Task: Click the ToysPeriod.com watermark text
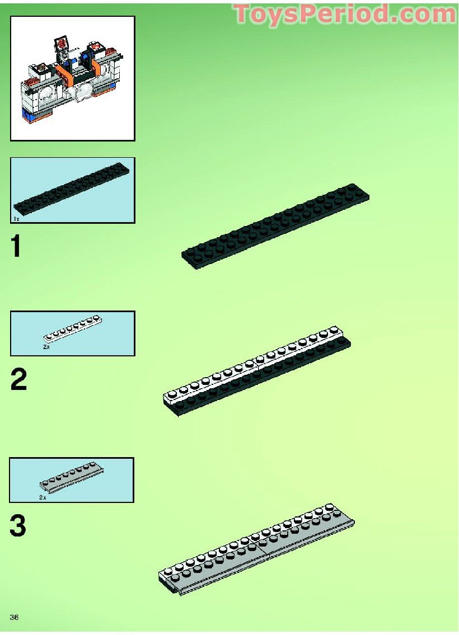point(344,14)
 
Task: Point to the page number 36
point(15,617)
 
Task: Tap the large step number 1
point(17,247)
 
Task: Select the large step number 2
point(18,380)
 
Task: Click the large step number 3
point(18,526)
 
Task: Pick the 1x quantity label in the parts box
point(17,218)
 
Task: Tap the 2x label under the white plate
point(46,347)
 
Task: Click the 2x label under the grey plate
point(43,497)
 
